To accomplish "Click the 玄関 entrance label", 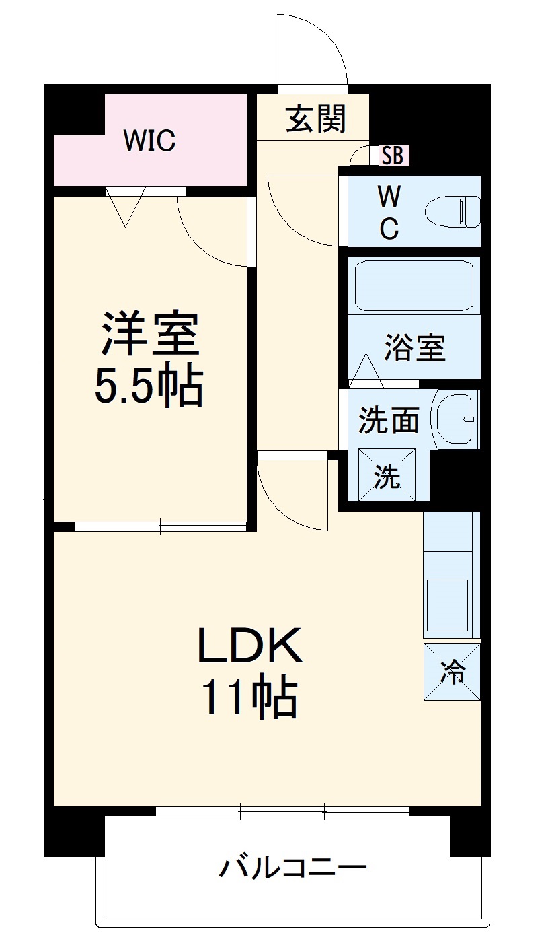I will click(x=316, y=120).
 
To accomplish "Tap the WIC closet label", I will click(x=149, y=141).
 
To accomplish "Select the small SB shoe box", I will click(x=392, y=155).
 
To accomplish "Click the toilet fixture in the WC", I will click(x=453, y=211).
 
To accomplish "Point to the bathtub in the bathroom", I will click(x=414, y=285).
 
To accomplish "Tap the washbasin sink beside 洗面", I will click(x=455, y=419).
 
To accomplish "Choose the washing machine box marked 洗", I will click(x=387, y=475).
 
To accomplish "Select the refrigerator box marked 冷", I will click(x=452, y=672).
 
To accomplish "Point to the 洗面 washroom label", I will click(x=388, y=421).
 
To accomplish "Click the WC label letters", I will click(x=389, y=212).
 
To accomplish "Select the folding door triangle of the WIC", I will click(x=126, y=206).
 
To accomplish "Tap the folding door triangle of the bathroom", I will click(x=366, y=370).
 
